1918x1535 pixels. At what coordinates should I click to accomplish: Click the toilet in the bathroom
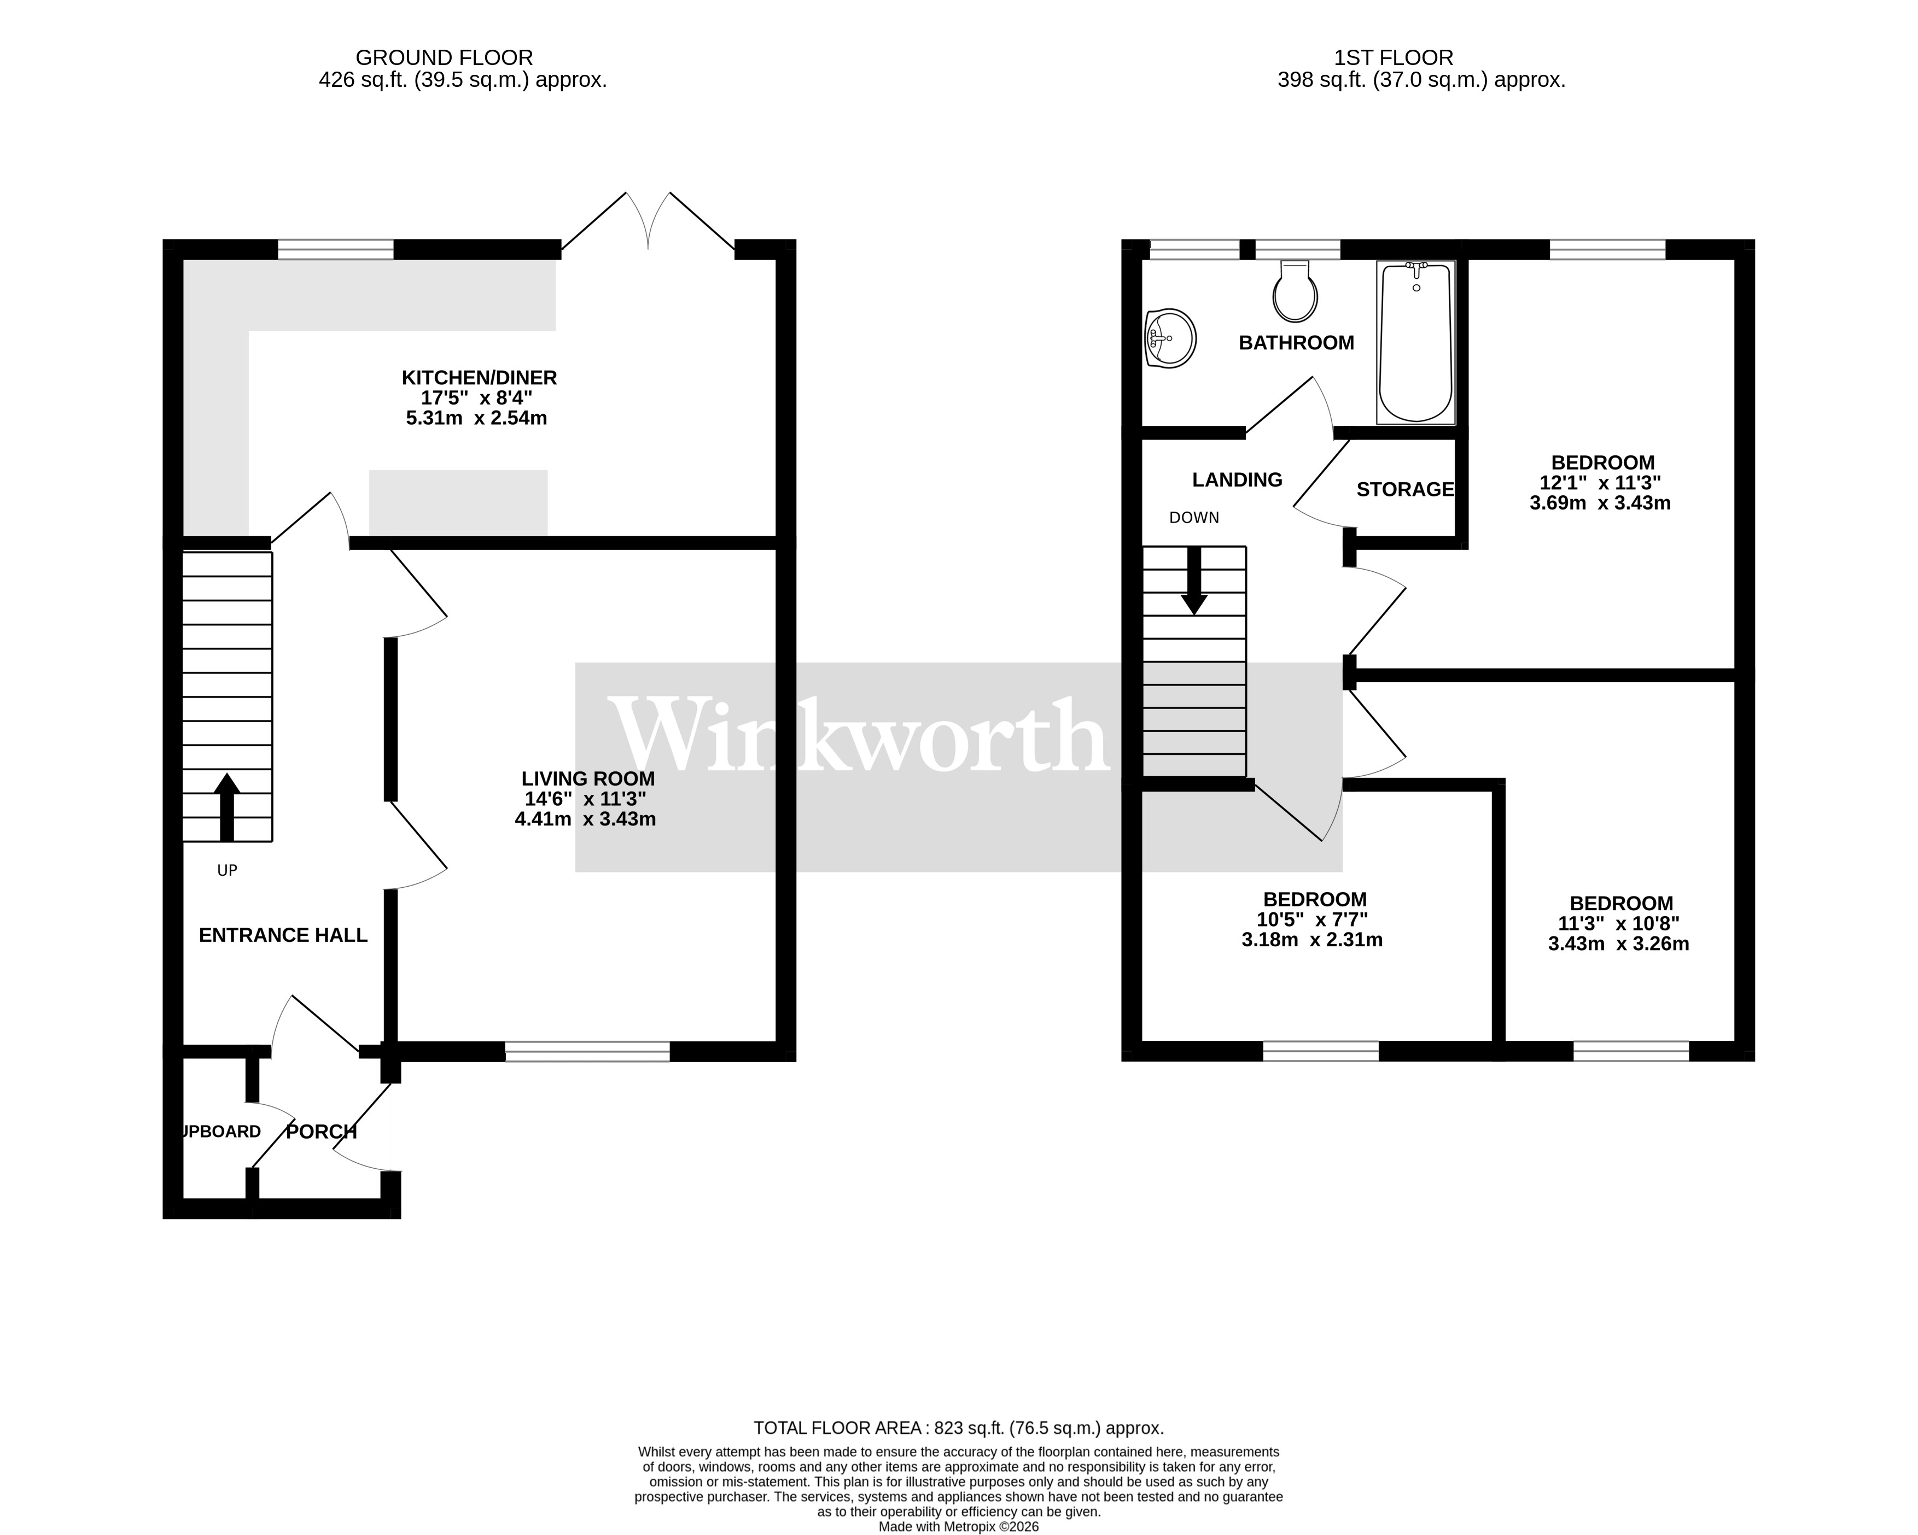(1295, 292)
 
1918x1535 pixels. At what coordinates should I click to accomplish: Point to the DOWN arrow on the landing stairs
(1194, 581)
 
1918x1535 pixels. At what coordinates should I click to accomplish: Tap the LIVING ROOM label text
(587, 779)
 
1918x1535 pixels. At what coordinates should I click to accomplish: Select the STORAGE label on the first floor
(1404, 489)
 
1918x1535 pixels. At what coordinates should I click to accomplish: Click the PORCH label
(321, 1132)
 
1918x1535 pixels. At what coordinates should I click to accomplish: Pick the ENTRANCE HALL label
(283, 935)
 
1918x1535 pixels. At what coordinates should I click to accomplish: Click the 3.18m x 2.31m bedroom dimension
(1312, 940)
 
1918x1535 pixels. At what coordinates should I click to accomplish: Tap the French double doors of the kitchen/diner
(649, 222)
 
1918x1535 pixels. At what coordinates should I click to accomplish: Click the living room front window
(587, 1052)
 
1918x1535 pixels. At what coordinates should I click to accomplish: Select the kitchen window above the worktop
(335, 250)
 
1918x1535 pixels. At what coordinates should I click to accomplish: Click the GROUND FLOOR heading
(444, 58)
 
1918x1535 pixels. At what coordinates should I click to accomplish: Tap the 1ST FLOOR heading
(1393, 58)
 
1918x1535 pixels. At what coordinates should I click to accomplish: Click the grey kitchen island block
(458, 502)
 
